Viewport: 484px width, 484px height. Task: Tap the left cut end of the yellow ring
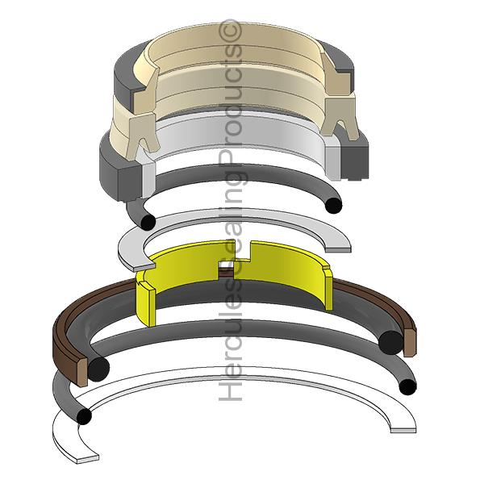tap(146, 298)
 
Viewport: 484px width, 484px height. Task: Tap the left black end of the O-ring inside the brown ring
tap(98, 368)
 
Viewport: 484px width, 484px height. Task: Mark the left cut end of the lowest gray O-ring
tap(83, 416)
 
